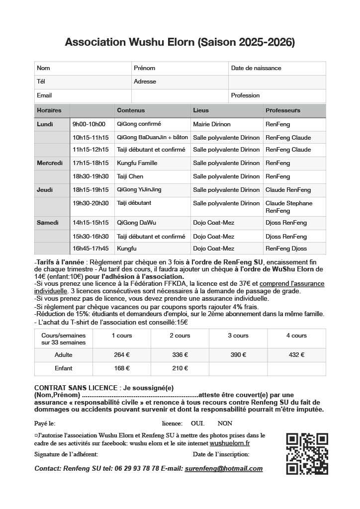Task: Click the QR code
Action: pyautogui.click(x=307, y=453)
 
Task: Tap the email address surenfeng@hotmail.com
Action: pyautogui.click(x=223, y=469)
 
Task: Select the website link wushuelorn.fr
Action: pyautogui.click(x=230, y=443)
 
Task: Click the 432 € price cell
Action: pyautogui.click(x=296, y=355)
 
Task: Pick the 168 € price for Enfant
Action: pyautogui.click(x=121, y=368)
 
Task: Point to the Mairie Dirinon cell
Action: pyautogui.click(x=212, y=124)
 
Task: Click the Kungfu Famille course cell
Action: pyautogui.click(x=137, y=163)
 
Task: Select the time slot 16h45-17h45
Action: pyautogui.click(x=90, y=249)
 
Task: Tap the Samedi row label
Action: pyautogui.click(x=48, y=223)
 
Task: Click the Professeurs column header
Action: pyautogui.click(x=283, y=110)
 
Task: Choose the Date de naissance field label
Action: pyautogui.click(x=256, y=68)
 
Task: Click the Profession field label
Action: pyautogui.click(x=246, y=95)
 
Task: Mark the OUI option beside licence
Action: pyautogui.click(x=197, y=424)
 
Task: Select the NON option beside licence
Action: pyautogui.click(x=225, y=424)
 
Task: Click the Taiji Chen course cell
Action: pyautogui.click(x=130, y=176)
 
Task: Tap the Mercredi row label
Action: pyautogui.click(x=50, y=163)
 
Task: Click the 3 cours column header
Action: pyautogui.click(x=238, y=336)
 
